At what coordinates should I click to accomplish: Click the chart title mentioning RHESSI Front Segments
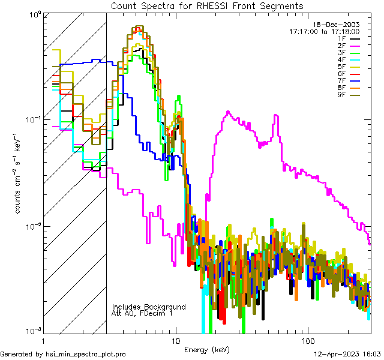coord(207,5)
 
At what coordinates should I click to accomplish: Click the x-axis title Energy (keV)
coord(207,349)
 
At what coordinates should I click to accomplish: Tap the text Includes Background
coord(149,307)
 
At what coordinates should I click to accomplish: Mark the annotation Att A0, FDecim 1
coord(142,313)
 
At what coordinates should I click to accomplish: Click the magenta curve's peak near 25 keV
coord(228,112)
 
